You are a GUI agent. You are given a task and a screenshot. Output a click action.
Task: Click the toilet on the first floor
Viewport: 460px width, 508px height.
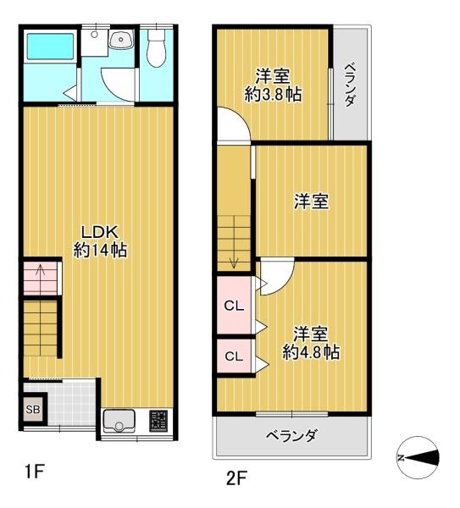(x=155, y=51)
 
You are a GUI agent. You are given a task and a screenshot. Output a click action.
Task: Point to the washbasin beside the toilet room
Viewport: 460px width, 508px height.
(x=121, y=40)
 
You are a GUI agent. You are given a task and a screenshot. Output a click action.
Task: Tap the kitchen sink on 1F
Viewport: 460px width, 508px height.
(x=119, y=420)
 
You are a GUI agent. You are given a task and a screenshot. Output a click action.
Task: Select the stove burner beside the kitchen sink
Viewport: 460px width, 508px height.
(x=158, y=420)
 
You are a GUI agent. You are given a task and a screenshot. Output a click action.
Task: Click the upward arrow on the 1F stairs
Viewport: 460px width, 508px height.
(x=41, y=275)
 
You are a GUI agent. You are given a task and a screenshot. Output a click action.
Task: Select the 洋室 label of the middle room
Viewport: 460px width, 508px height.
(x=312, y=202)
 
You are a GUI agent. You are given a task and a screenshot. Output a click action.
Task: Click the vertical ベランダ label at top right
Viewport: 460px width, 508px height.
(x=351, y=85)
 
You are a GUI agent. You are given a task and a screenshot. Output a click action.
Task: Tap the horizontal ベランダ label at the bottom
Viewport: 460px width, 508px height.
(x=291, y=437)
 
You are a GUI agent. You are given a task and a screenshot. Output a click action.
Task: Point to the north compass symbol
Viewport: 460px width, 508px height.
(x=418, y=457)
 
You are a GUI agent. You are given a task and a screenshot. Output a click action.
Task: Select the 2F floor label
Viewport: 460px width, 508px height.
(x=235, y=479)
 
